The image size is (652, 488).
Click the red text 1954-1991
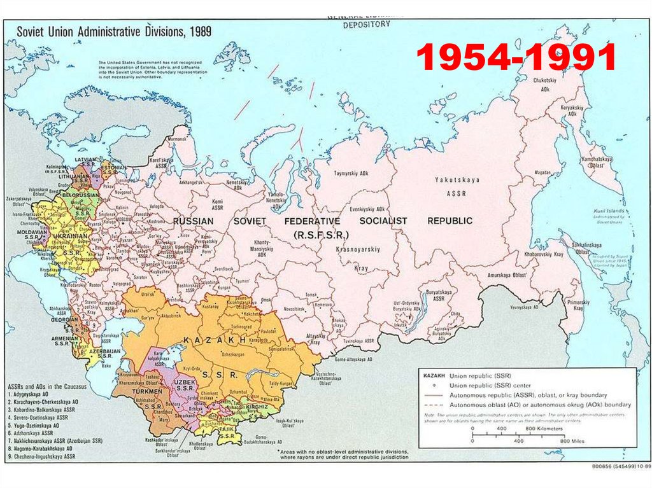[516, 59]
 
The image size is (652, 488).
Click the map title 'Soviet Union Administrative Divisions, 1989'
[114, 31]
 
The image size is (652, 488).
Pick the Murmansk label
[177, 139]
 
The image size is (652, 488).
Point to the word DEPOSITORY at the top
[366, 25]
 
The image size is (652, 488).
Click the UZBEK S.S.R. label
[185, 384]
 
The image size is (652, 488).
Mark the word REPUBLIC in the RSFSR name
[450, 221]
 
